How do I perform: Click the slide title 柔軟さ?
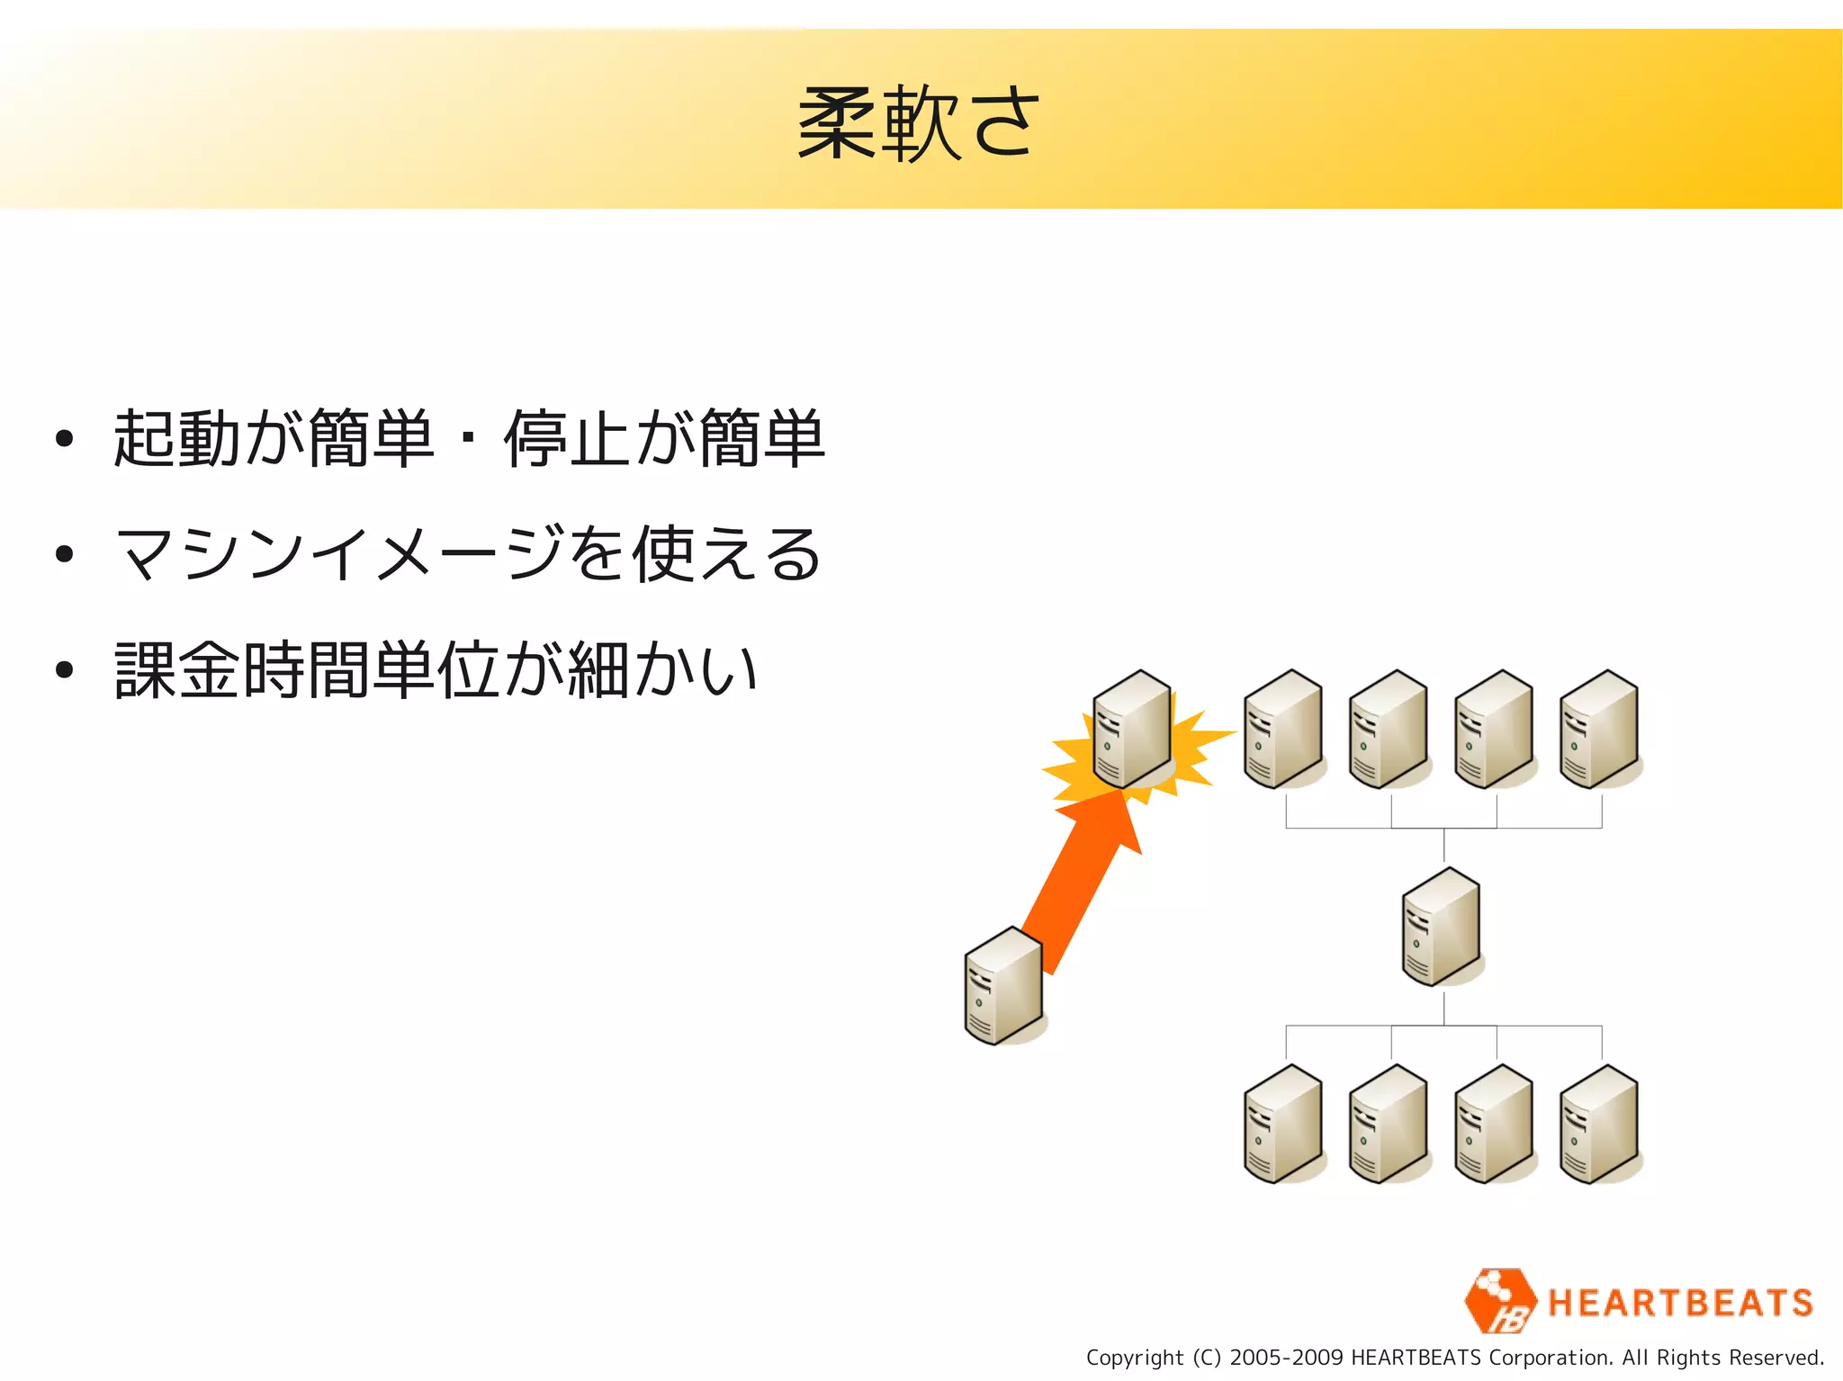919,123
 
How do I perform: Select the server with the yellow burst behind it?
1132,730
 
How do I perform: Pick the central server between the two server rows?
1441,927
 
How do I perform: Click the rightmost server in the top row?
1599,730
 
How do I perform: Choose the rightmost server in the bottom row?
1599,1125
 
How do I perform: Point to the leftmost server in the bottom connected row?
1283,1125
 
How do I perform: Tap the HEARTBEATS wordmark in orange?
1680,1303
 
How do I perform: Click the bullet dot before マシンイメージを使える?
64,554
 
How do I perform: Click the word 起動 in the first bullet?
178,439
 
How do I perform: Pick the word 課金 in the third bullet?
178,670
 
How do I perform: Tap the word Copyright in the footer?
1134,1358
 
